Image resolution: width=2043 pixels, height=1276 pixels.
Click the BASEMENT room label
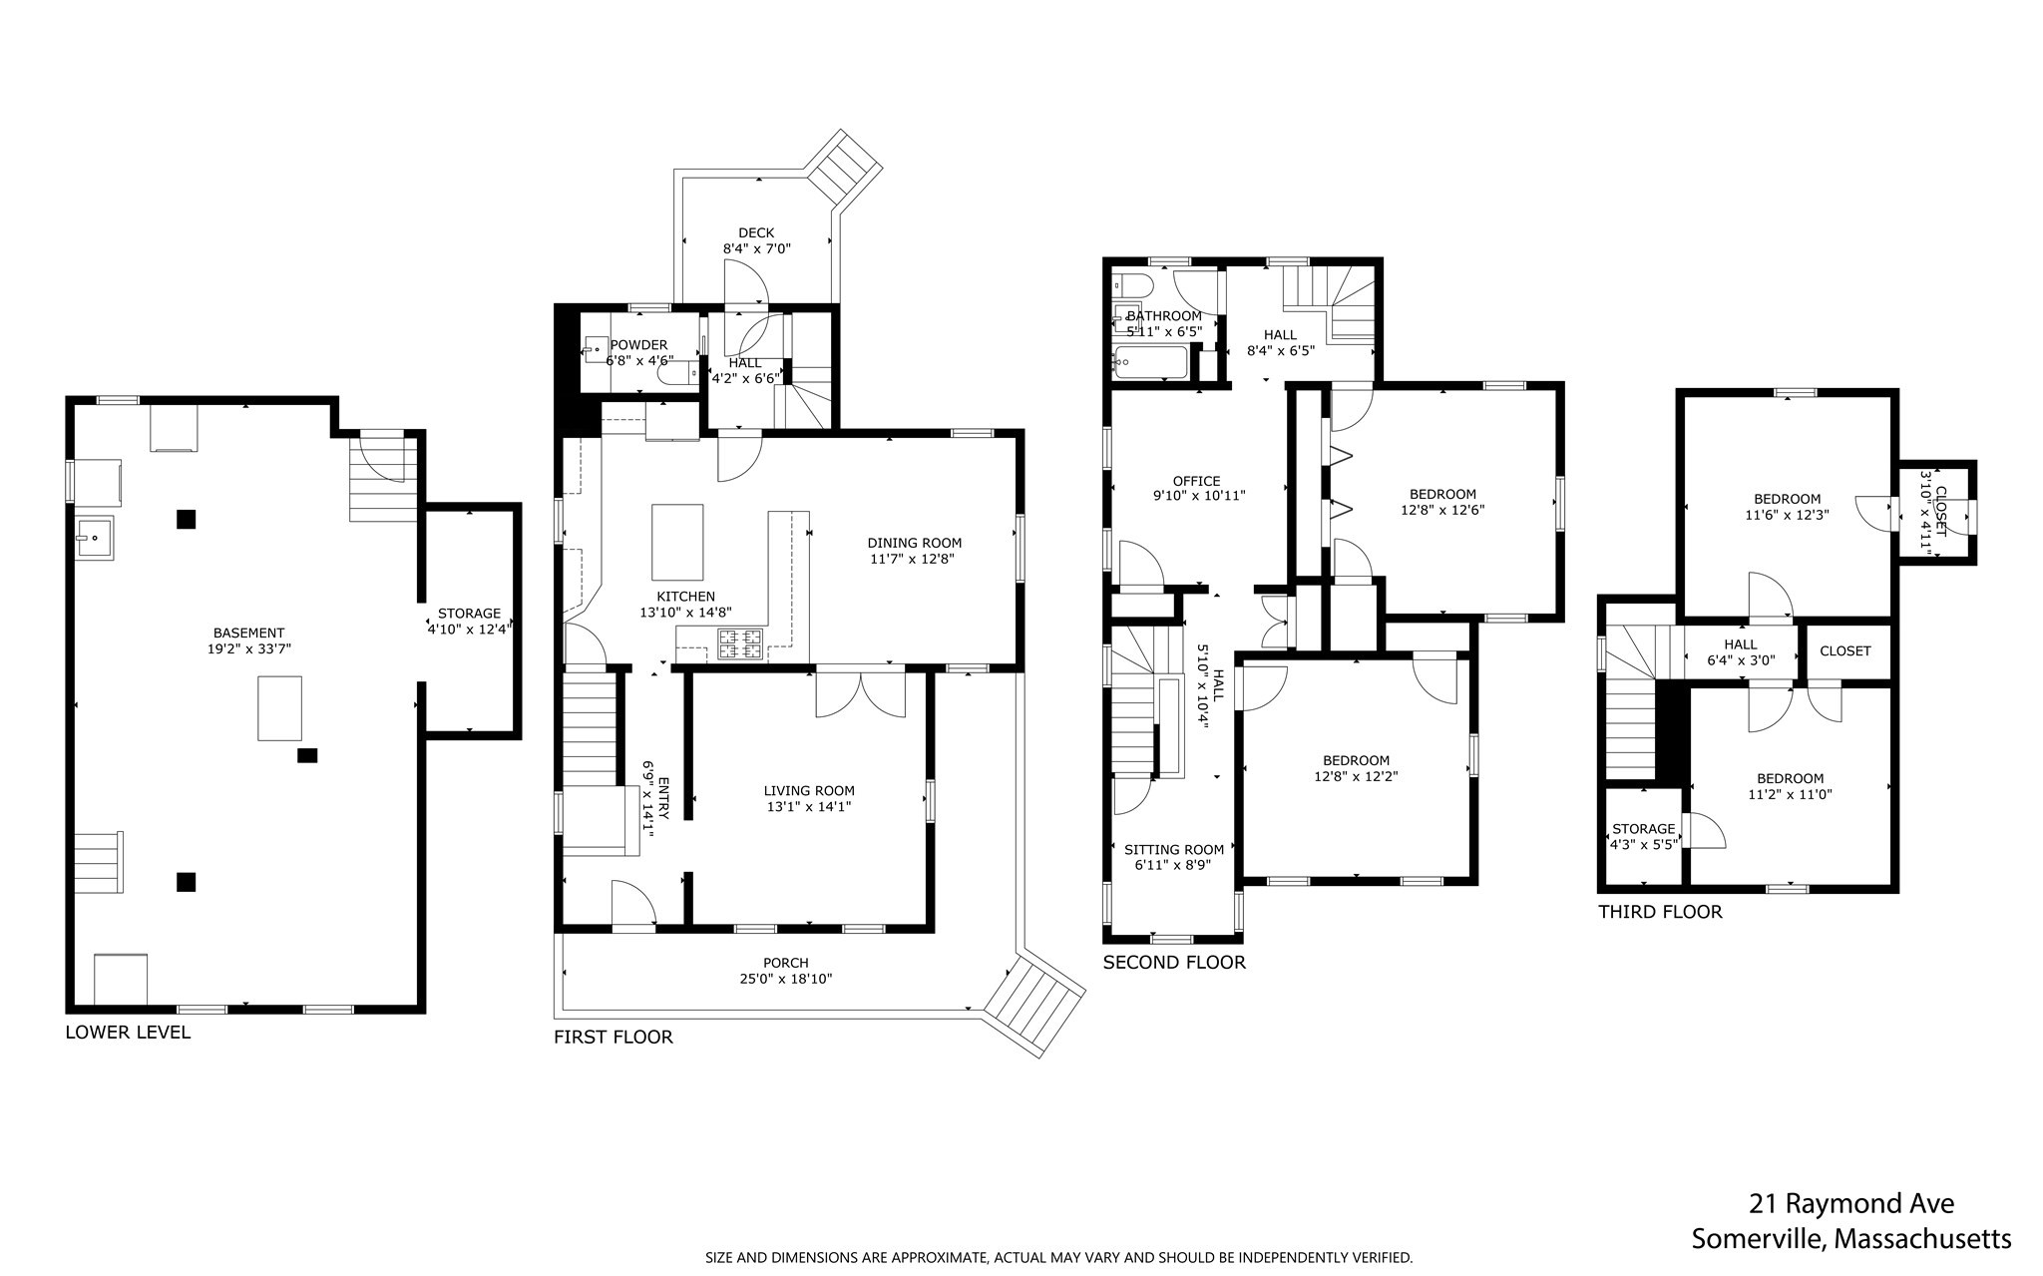tap(248, 633)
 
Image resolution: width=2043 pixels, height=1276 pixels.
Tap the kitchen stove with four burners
tap(740, 643)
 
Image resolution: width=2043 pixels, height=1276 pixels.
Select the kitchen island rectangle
tap(677, 542)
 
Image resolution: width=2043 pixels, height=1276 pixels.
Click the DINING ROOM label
tap(914, 543)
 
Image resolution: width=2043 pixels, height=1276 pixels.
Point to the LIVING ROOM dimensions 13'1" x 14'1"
tap(809, 806)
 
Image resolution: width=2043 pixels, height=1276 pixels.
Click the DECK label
tap(756, 232)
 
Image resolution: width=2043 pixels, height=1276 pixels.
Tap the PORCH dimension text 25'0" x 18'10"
tap(785, 979)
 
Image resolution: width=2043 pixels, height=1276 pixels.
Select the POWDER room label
tap(638, 345)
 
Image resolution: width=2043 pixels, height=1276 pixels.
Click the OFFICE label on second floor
tap(1196, 481)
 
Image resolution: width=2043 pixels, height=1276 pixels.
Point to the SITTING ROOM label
tap(1173, 850)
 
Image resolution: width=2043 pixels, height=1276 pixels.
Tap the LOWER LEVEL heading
tap(128, 1032)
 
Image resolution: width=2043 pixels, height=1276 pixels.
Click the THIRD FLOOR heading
tap(1660, 911)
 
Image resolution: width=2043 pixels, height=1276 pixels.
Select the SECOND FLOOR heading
tap(1174, 962)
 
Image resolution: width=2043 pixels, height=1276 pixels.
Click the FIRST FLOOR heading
tap(613, 1037)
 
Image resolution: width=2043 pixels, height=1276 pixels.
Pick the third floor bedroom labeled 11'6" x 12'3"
tap(1787, 507)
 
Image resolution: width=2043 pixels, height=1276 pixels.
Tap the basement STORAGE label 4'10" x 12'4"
tap(469, 614)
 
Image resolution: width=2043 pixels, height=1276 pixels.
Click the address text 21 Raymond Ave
tap(1851, 1203)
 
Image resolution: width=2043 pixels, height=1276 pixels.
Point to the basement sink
tap(94, 539)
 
